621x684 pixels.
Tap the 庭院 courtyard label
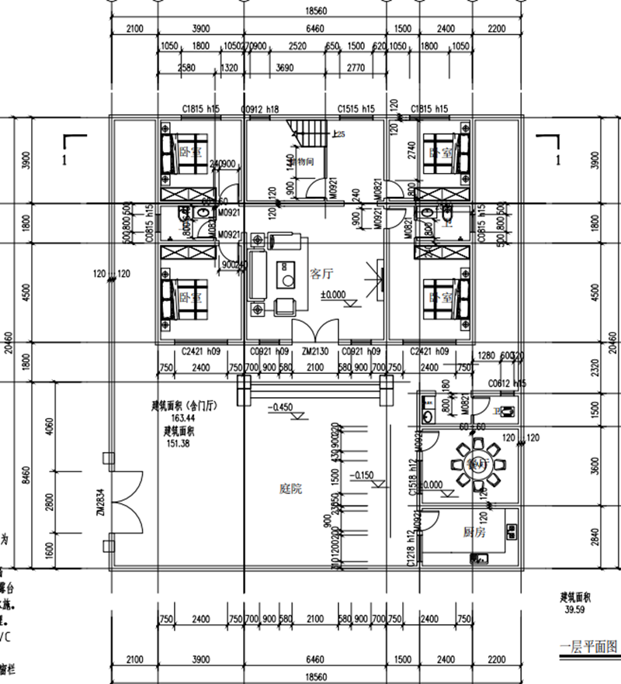pos(290,489)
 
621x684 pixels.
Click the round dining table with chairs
pos(474,465)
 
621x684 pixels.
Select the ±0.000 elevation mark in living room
pos(334,295)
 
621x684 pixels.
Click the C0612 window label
pos(503,383)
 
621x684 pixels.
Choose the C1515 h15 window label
pos(356,109)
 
